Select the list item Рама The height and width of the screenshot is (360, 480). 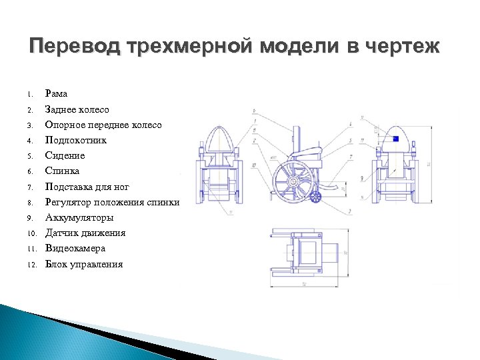56,94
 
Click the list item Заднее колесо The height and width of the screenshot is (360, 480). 77,109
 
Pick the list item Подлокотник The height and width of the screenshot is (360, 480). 75,140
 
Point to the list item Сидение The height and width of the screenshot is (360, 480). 65,155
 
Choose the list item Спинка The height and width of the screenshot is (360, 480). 62,171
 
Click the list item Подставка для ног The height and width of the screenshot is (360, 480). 87,187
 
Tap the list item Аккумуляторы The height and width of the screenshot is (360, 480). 79,217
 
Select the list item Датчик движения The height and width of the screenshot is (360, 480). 85,233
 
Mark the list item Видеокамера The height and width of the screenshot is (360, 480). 75,248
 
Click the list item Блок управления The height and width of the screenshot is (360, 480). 83,264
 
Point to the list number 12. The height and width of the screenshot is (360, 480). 31,264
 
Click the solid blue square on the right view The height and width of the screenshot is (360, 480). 395,139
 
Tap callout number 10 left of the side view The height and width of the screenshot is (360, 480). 255,165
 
